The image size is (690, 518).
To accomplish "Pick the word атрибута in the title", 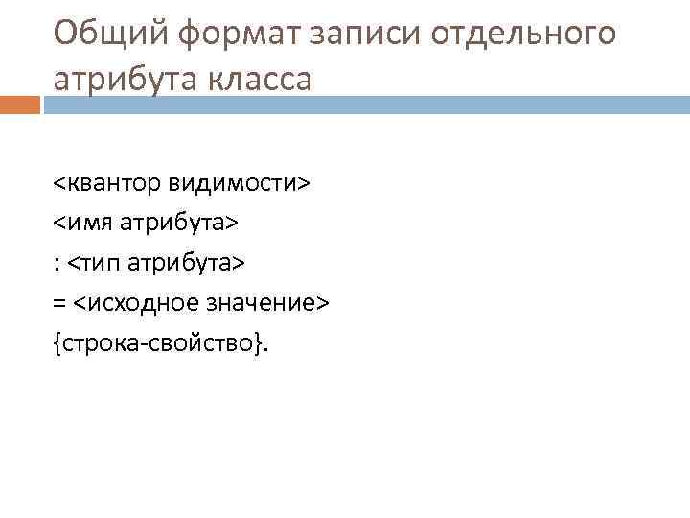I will (x=122, y=79).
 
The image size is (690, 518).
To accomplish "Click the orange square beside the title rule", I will (x=20, y=106).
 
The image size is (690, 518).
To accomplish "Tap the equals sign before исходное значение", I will (x=59, y=304).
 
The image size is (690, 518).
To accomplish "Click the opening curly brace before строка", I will (x=57, y=344).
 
